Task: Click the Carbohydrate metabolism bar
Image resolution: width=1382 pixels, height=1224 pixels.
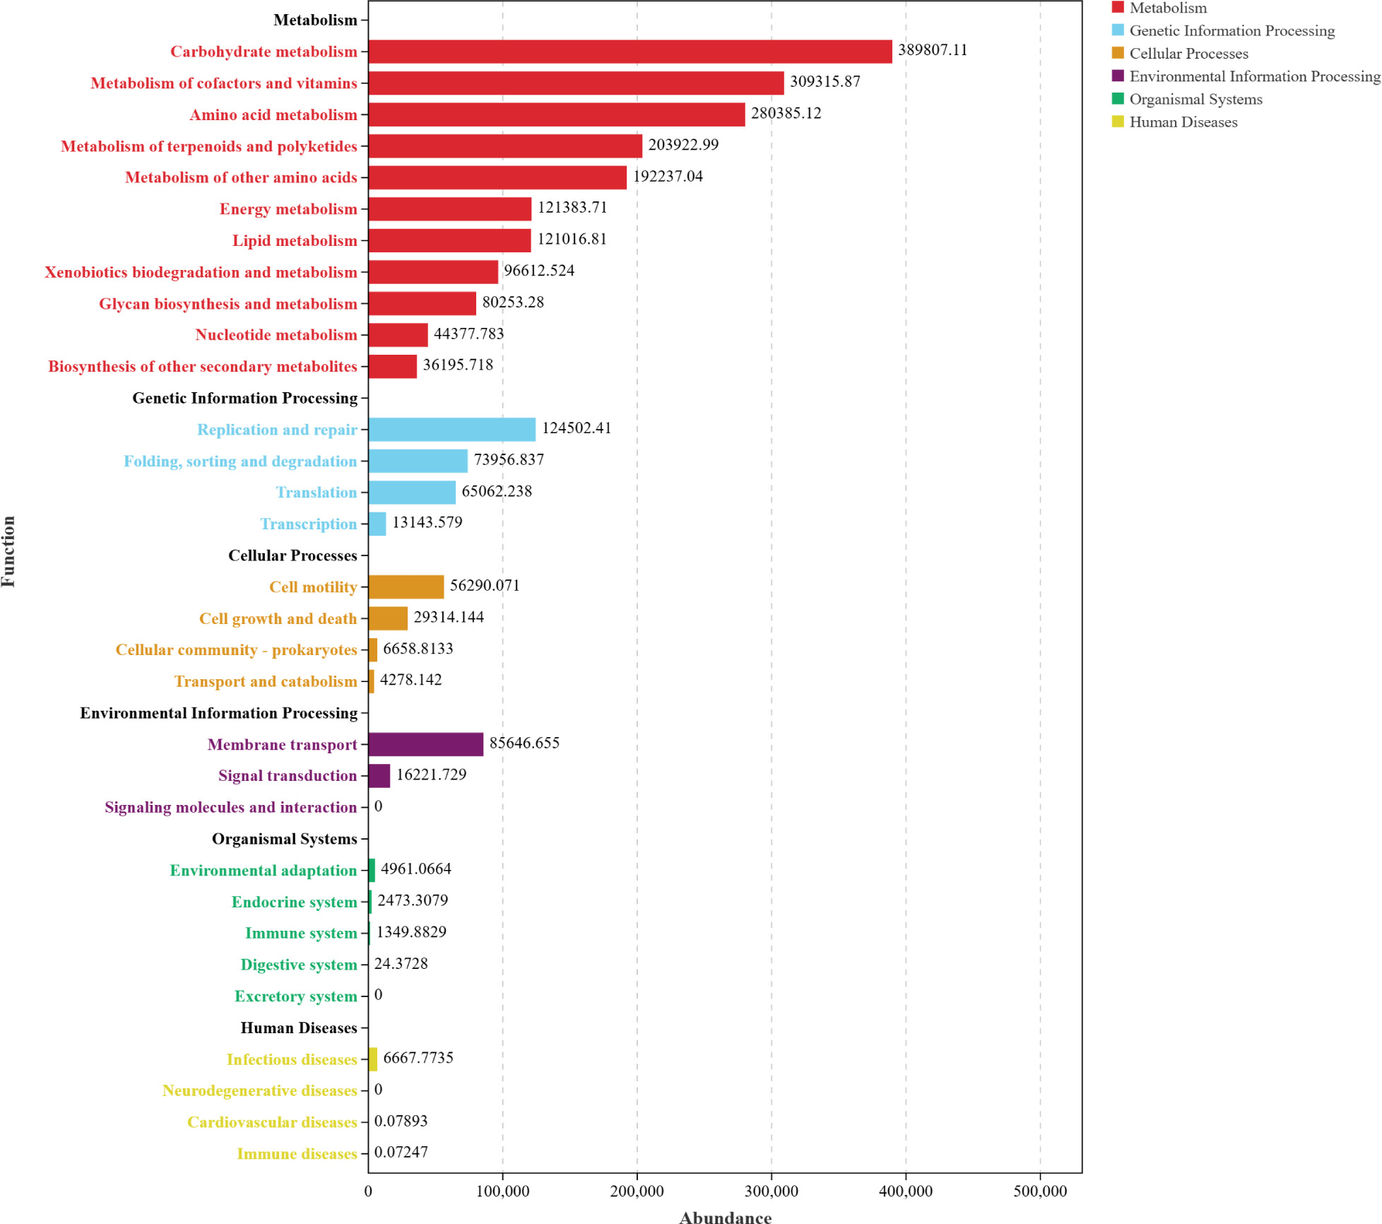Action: tap(630, 52)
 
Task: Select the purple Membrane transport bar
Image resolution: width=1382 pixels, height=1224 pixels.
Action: tap(426, 744)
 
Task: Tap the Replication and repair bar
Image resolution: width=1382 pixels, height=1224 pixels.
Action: tap(452, 430)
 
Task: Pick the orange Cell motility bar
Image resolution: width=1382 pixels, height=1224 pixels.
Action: tap(406, 587)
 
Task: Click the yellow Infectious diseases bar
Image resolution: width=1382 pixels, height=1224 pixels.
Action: tap(373, 1059)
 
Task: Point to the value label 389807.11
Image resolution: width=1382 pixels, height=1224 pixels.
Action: tap(933, 50)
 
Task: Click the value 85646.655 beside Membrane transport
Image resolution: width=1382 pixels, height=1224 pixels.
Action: tap(524, 743)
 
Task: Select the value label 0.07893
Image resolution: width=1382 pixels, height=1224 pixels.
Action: tap(401, 1121)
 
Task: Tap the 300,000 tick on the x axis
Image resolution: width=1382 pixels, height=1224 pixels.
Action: tap(772, 1191)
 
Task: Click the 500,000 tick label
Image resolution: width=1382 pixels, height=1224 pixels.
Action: tap(1040, 1191)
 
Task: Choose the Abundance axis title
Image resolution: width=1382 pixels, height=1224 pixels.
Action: tap(726, 1217)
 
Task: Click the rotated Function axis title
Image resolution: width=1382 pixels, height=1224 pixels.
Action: tap(8, 551)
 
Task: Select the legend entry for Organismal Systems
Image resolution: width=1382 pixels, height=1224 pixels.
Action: tap(1195, 99)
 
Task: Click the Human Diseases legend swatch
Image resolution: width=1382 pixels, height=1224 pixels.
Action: tap(1118, 122)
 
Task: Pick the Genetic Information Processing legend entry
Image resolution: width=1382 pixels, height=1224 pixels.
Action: tap(1232, 30)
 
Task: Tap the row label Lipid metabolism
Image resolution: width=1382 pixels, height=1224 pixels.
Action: tap(295, 241)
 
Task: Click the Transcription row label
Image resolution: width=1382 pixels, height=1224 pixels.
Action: tap(309, 524)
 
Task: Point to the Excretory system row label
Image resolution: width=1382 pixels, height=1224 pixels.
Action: tap(296, 996)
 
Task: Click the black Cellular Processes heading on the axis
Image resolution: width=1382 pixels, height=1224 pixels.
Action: tap(293, 555)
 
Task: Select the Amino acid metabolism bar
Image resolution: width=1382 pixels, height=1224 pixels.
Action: tap(557, 114)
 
